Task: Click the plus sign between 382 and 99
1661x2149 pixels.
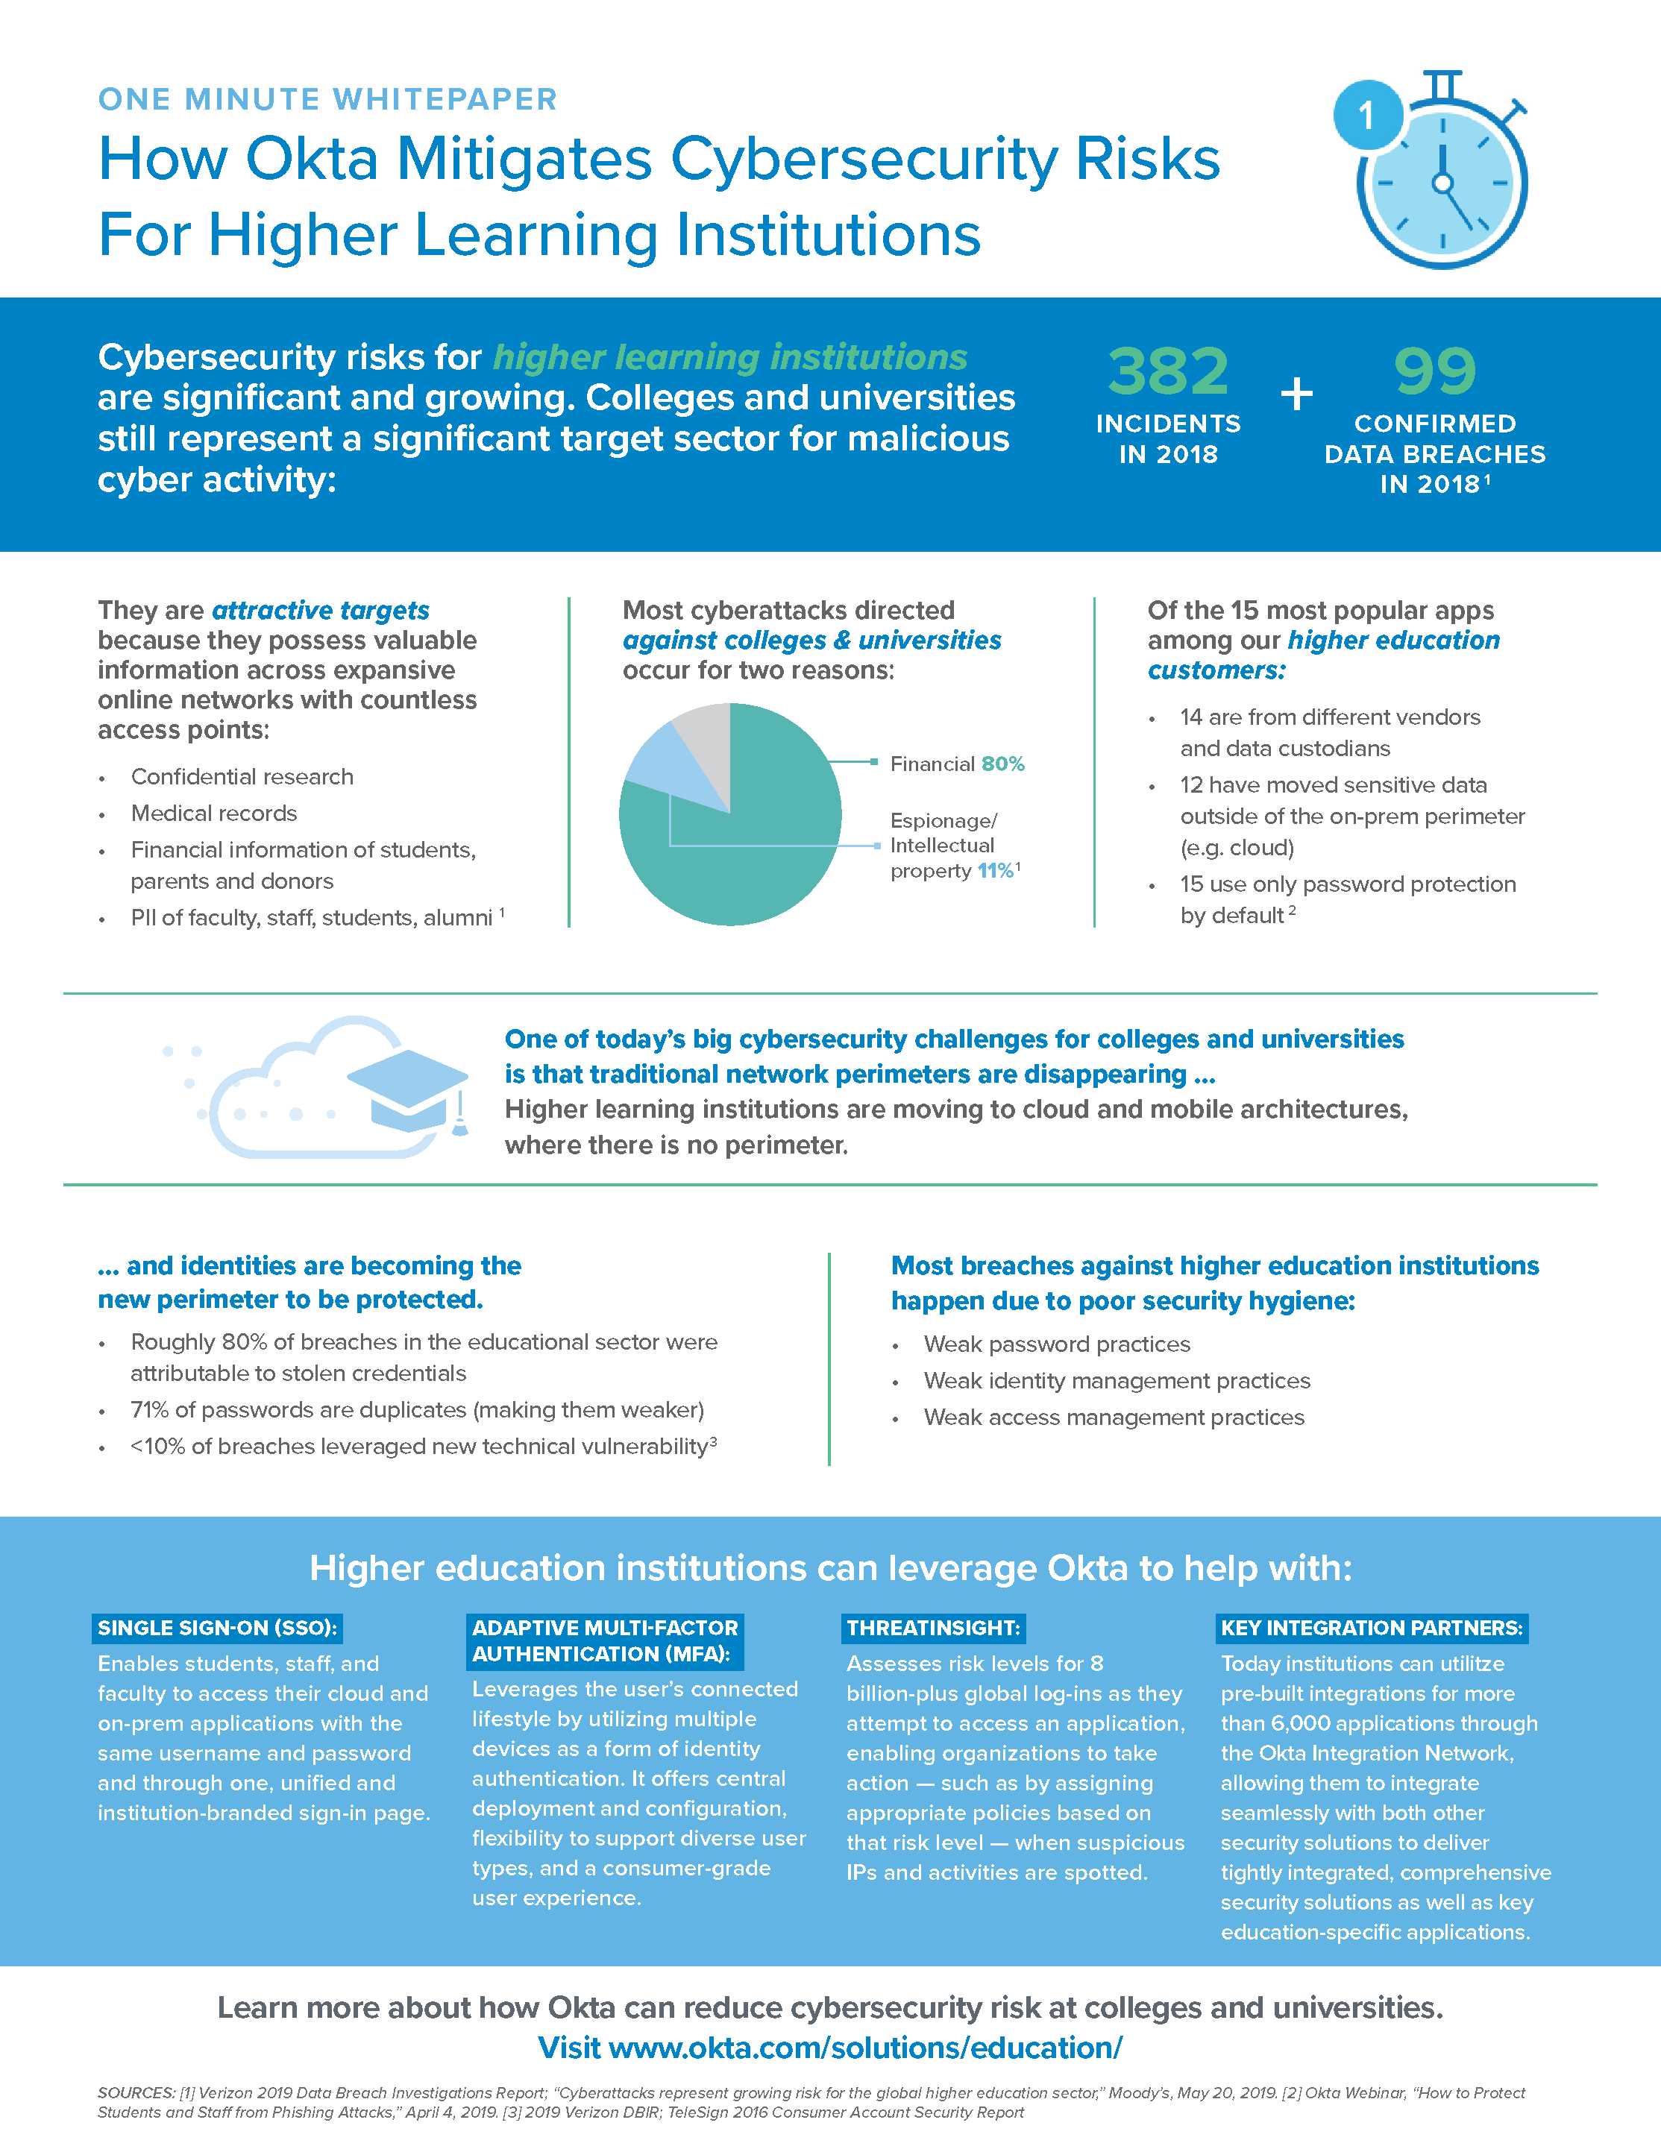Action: tap(1296, 394)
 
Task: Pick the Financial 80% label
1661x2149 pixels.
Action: tap(956, 764)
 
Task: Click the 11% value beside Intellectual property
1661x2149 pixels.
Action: tap(995, 871)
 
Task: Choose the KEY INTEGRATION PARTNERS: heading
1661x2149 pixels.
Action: tap(1372, 1628)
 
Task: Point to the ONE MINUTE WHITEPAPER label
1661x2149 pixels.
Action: tap(327, 99)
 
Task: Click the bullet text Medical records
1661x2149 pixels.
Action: tap(213, 813)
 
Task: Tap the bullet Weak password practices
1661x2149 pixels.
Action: tap(1057, 1344)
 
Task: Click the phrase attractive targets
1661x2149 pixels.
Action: tap(321, 610)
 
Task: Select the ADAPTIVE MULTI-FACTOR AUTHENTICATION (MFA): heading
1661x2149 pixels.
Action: tap(604, 1640)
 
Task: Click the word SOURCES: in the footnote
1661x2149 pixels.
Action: tap(136, 2093)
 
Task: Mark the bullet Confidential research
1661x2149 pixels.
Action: tap(242, 776)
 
